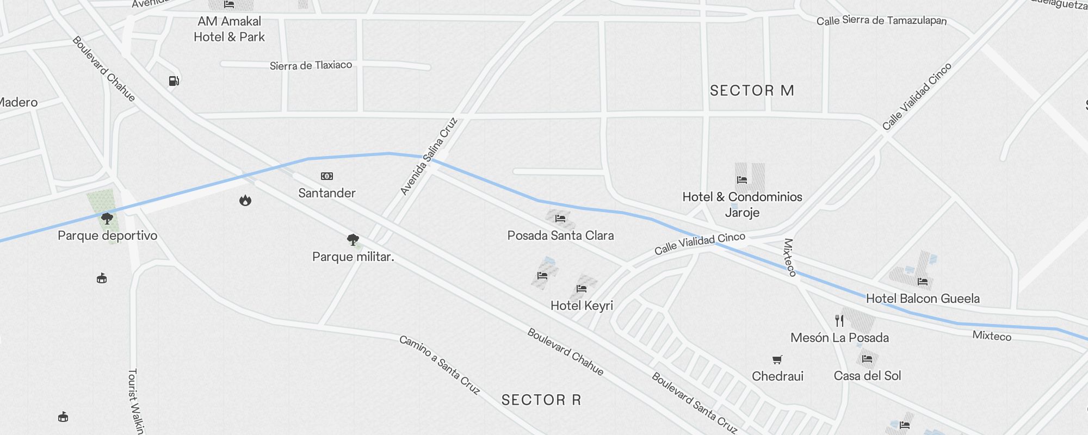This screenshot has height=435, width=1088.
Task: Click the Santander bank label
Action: click(326, 193)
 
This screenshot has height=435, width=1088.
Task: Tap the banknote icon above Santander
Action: click(326, 176)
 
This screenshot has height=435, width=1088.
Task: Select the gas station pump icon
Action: click(174, 81)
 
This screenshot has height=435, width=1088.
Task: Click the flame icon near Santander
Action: click(245, 200)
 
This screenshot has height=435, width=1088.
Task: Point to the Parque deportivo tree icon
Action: click(107, 219)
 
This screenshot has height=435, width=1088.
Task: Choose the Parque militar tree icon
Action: click(353, 239)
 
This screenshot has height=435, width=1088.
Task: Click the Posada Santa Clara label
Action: click(560, 235)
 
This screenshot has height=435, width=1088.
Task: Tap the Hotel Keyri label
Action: click(582, 306)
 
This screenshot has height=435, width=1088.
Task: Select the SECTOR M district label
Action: click(752, 90)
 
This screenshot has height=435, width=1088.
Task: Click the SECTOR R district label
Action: click(541, 400)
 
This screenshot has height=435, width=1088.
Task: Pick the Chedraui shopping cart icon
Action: click(777, 359)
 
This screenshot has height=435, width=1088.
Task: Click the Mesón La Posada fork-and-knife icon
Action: click(839, 321)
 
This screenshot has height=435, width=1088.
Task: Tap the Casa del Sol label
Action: click(867, 376)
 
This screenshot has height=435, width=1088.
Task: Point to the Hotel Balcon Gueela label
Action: click(923, 299)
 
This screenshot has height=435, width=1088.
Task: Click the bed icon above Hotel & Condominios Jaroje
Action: click(742, 179)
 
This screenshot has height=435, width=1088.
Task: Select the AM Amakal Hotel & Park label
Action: click(229, 29)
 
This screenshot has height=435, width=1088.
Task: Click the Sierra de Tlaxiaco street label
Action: click(311, 66)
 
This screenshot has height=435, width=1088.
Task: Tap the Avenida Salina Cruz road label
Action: click(429, 156)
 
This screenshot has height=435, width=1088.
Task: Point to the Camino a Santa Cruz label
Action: click(440, 364)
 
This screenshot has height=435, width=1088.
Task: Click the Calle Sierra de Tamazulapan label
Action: click(881, 21)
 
